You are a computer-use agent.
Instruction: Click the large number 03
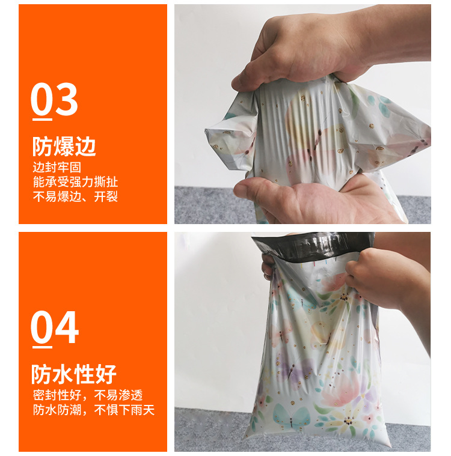[54, 100]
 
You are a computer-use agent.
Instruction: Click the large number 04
[55, 327]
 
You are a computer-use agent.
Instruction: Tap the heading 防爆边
[64, 147]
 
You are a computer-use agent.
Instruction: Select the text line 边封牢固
[57, 168]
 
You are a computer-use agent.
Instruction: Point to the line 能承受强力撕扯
[75, 182]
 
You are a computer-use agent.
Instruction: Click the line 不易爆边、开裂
[75, 196]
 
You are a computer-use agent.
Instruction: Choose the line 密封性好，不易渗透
[87, 396]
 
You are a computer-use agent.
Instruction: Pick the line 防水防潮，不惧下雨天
[93, 411]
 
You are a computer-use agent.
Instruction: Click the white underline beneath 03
[41, 115]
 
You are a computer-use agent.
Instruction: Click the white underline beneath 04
[41, 344]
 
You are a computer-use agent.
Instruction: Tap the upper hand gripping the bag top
[313, 48]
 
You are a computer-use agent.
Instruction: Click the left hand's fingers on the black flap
[268, 264]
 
